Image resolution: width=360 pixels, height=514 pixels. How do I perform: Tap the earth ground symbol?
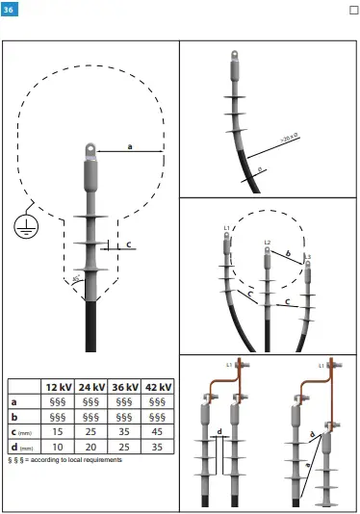tap(21, 225)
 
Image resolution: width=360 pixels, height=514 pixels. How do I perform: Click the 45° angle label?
tap(77, 280)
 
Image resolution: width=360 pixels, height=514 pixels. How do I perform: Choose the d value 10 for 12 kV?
tap(60, 448)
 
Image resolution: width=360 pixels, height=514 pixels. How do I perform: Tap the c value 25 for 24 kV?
tap(92, 432)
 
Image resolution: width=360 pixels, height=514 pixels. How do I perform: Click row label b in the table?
tap(13, 417)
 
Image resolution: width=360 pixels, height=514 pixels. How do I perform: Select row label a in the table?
tap(13, 401)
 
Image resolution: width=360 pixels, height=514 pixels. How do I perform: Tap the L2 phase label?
tap(268, 242)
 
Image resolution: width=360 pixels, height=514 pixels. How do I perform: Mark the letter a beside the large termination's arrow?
tap(130, 145)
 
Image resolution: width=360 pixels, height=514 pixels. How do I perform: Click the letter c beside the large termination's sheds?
tap(128, 244)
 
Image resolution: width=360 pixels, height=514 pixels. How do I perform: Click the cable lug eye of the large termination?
tap(88, 149)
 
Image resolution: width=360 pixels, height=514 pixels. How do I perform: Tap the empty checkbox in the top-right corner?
tap(351, 11)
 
